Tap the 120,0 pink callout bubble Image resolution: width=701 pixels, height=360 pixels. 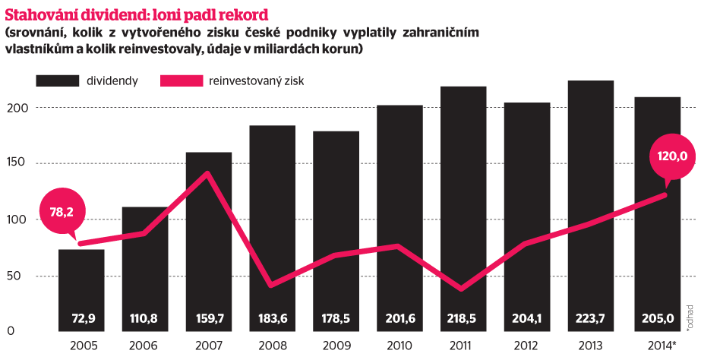671,157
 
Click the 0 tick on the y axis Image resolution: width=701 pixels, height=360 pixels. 11,331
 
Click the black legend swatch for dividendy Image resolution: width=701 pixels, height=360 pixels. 58,81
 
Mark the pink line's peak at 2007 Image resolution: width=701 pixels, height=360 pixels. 207,174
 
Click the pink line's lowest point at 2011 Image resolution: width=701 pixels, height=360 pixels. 463,289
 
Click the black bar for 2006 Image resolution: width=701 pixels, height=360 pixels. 144,258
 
